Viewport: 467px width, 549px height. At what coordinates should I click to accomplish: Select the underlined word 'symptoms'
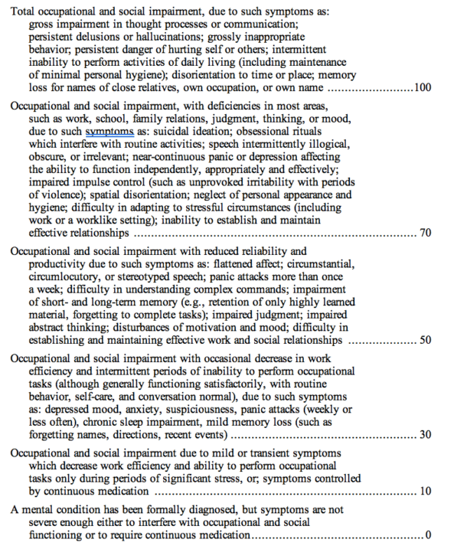104,131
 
